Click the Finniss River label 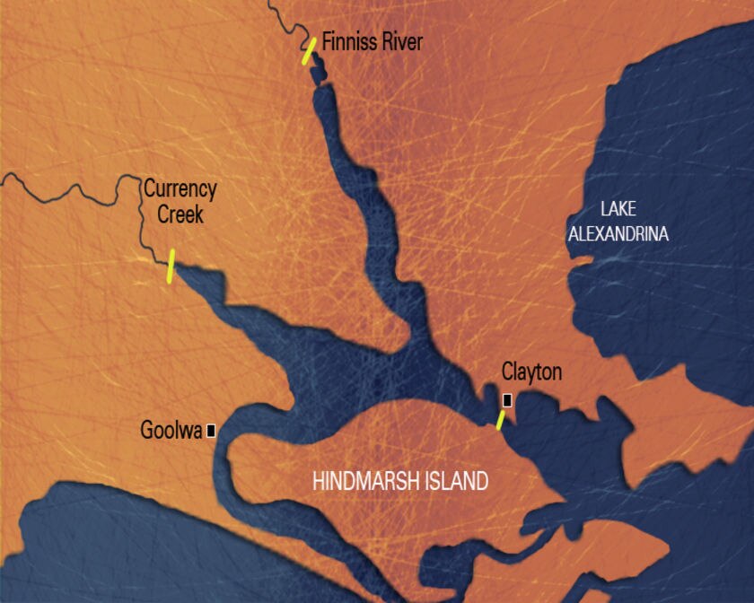coord(372,42)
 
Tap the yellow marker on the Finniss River coord(309,50)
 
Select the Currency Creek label coord(180,202)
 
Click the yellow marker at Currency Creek coord(170,267)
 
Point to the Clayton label coord(531,371)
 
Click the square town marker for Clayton coord(507,400)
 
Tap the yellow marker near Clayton coord(501,420)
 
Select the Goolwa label coord(171,430)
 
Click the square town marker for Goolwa coord(211,431)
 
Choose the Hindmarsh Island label coord(399,481)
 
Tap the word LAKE coord(618,209)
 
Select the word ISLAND coord(459,481)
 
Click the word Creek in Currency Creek coord(180,214)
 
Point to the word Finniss coord(347,42)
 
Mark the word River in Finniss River coord(399,42)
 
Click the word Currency coord(180,189)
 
